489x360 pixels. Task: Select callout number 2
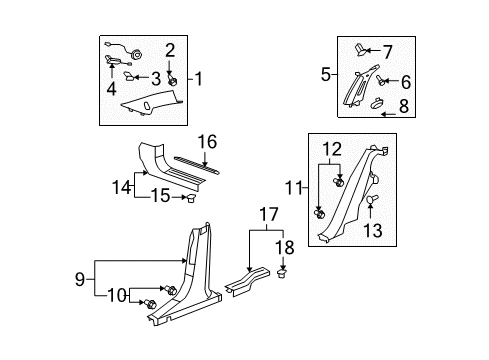click(170, 49)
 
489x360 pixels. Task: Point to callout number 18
click(283, 247)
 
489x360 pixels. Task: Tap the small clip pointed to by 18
click(283, 270)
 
